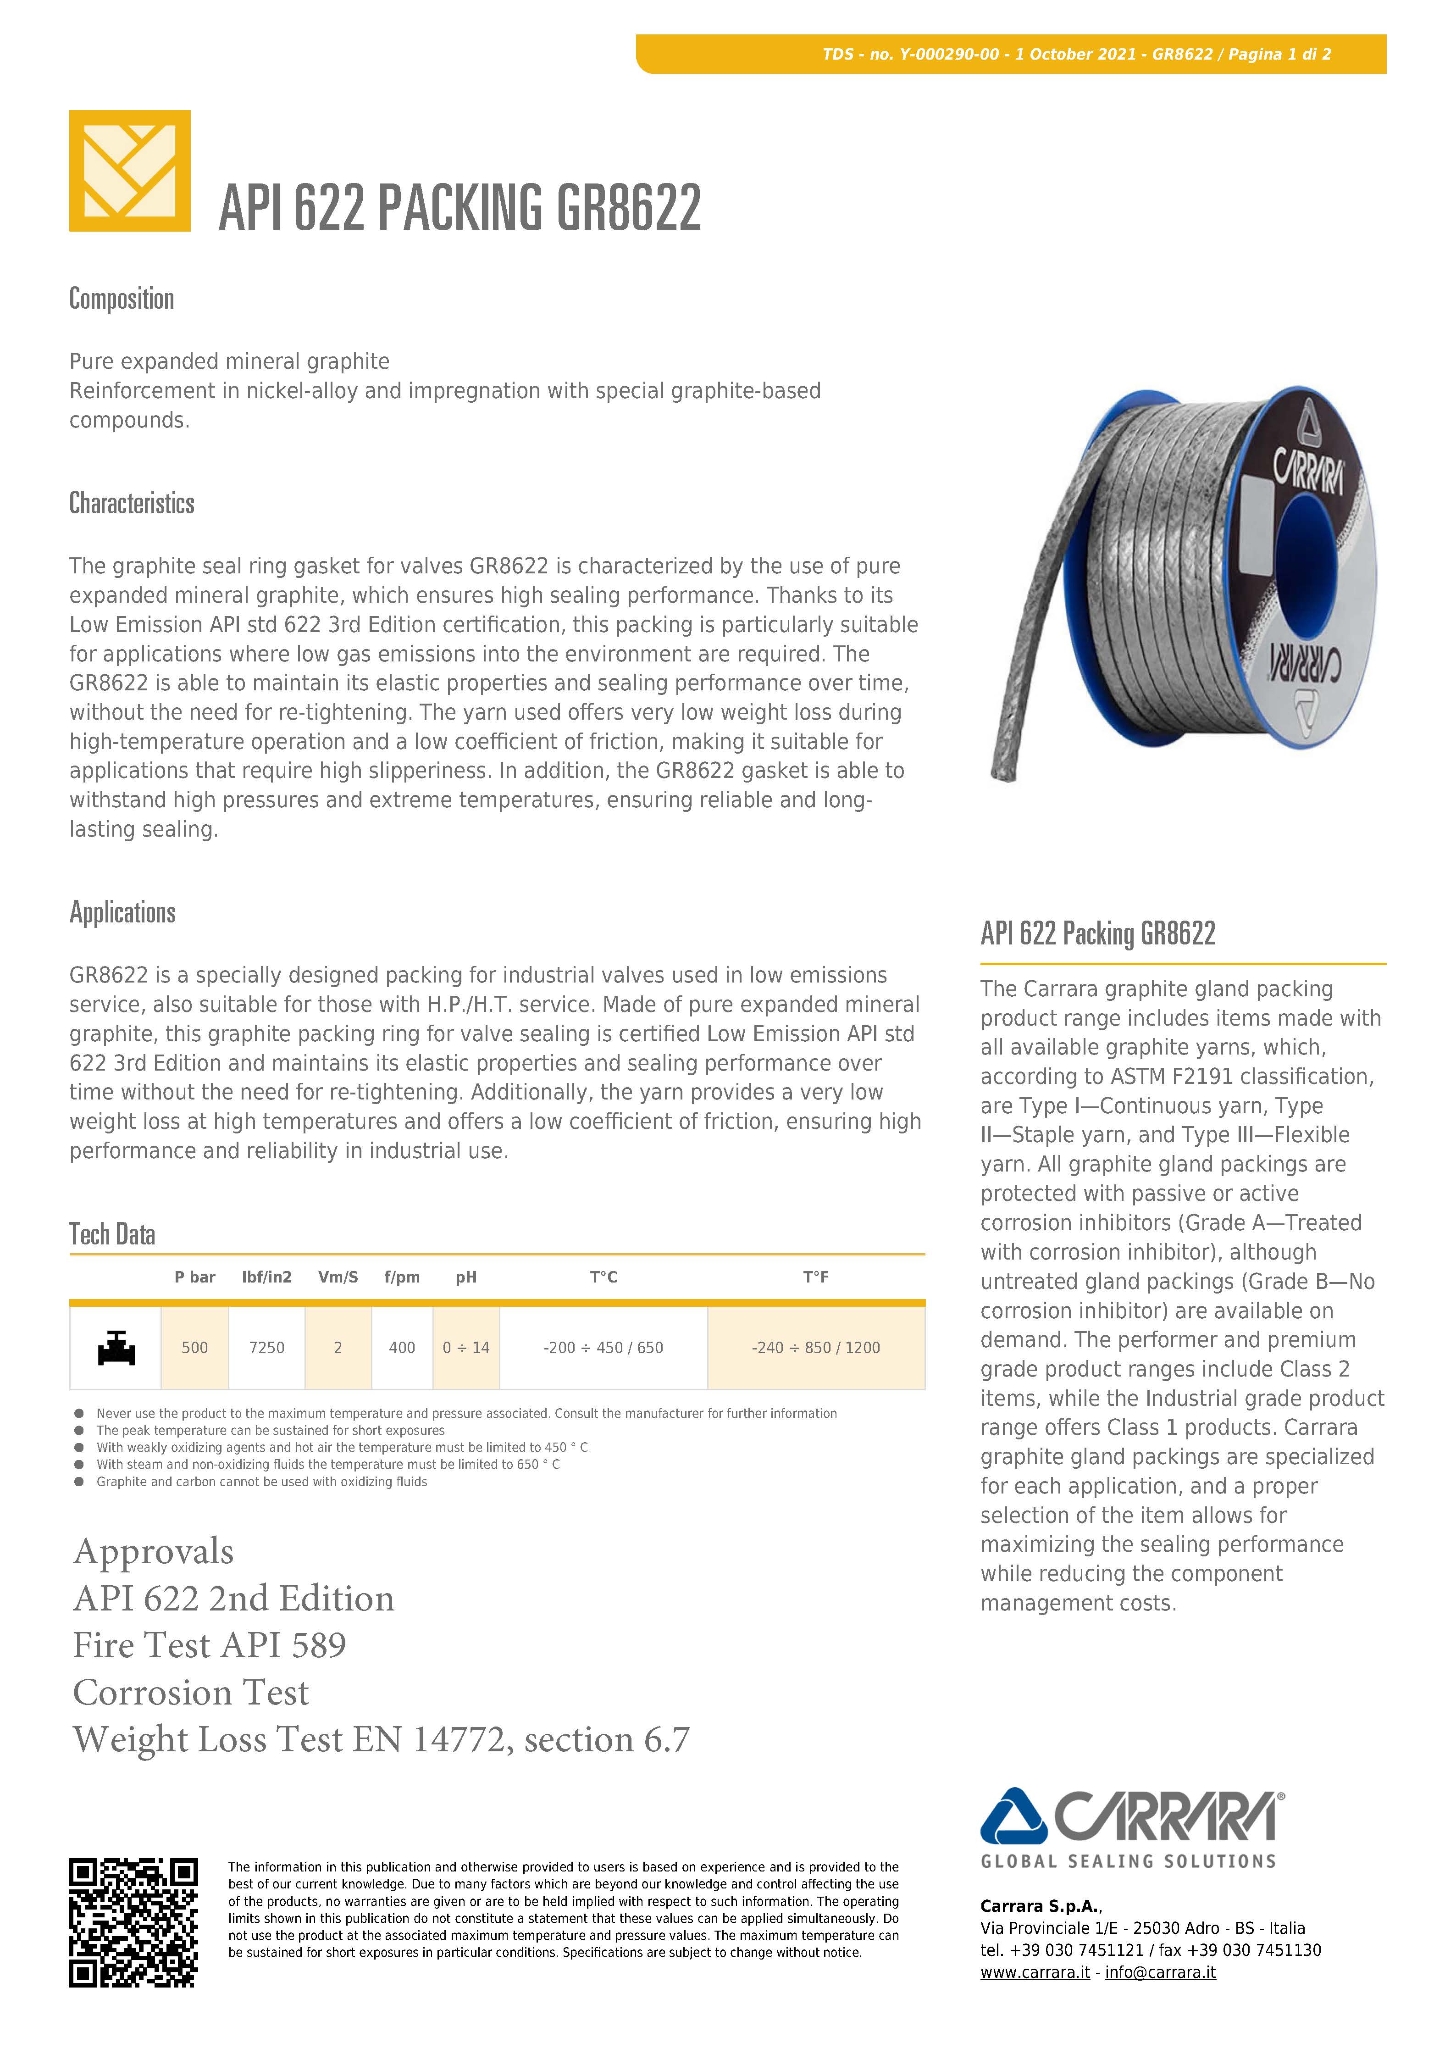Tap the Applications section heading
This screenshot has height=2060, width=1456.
tap(123, 912)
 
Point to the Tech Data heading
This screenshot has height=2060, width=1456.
tap(112, 1234)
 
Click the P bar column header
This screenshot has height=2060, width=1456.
tap(195, 1277)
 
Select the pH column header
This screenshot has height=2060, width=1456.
tap(465, 1277)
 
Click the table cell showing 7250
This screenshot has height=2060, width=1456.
tap(266, 1348)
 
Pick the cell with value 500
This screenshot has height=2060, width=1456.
tap(195, 1348)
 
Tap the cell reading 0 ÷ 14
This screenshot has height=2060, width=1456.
tap(465, 1348)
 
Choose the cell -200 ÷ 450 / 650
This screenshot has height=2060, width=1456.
tap(603, 1348)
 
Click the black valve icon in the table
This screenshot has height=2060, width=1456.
tap(116, 1348)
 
